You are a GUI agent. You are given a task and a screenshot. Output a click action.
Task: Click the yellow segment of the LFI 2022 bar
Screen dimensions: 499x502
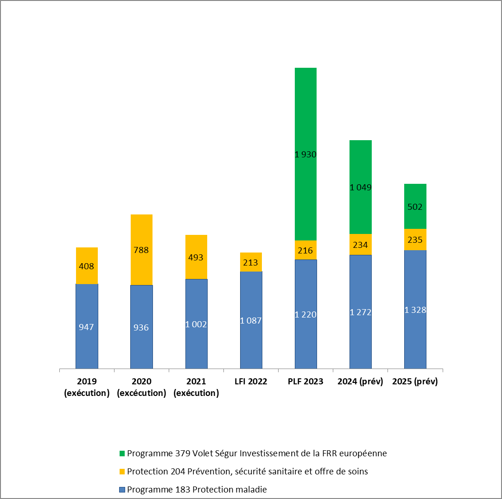(251, 262)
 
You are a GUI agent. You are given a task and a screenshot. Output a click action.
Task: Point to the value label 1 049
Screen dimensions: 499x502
(361, 188)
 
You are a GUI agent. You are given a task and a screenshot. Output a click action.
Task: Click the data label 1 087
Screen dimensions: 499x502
(251, 320)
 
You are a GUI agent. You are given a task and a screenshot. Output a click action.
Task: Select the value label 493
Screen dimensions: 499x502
(196, 257)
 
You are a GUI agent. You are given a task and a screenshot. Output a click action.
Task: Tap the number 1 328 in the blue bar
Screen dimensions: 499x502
(415, 310)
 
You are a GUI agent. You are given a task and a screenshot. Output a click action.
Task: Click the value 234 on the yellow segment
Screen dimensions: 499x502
(361, 245)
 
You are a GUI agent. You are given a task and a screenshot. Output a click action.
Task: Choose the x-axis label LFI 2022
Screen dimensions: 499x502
(251, 382)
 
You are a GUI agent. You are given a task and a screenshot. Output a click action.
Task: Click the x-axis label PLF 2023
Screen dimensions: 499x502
(305, 382)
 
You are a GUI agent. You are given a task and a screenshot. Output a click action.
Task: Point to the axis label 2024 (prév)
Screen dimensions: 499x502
(361, 382)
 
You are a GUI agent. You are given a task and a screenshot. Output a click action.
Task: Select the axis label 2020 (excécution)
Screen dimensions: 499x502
(141, 387)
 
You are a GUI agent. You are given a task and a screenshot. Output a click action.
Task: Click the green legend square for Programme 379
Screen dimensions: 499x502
(122, 453)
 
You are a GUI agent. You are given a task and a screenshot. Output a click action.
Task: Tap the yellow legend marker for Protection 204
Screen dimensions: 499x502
(122, 471)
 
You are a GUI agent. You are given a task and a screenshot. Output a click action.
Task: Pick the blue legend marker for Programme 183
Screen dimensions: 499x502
(122, 490)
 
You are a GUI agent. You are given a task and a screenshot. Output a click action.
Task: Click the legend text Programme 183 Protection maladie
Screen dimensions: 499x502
(197, 490)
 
